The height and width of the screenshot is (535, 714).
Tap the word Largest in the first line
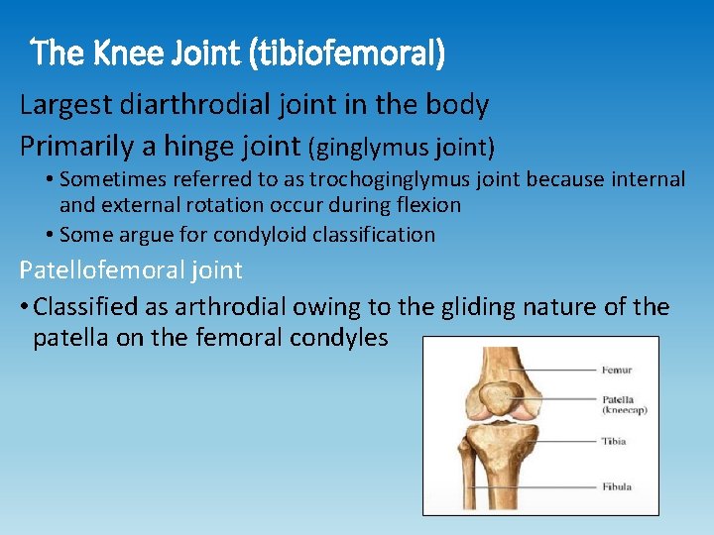point(65,105)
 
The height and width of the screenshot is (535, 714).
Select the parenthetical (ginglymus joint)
point(402,148)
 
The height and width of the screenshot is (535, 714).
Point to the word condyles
point(339,338)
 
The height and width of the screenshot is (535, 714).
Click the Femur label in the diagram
point(616,370)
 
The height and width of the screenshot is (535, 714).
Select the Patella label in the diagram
point(618,398)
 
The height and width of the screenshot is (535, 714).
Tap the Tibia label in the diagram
point(614,441)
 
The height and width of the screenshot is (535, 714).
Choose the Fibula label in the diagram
point(616,486)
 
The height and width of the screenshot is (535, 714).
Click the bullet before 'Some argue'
point(50,235)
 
